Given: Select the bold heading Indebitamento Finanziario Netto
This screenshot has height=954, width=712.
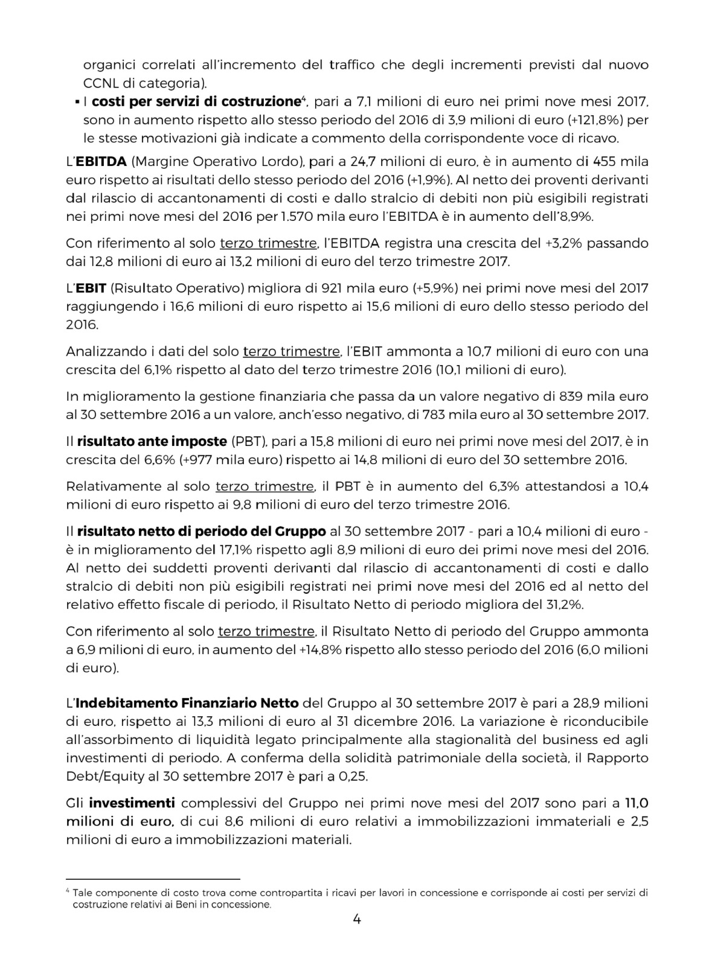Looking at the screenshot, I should point(187,703).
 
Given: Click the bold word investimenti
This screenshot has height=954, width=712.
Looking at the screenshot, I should point(132,803).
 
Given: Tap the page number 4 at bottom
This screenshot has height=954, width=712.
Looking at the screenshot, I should point(356,920).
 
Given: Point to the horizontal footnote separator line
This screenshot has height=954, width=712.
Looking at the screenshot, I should point(153,879).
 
